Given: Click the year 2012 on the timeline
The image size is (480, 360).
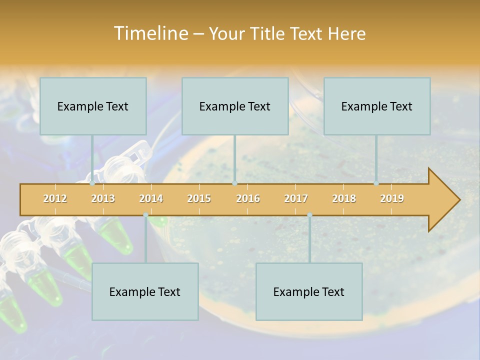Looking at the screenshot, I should click(x=55, y=198).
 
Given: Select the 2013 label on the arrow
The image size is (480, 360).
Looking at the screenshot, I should click(x=103, y=198).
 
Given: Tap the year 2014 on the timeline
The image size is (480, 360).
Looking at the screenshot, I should click(x=151, y=198).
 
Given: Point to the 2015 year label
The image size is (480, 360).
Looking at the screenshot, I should click(x=199, y=198).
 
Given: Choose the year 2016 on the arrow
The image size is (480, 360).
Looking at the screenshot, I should click(x=248, y=198).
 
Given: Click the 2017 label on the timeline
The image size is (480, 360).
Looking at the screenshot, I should click(x=296, y=198).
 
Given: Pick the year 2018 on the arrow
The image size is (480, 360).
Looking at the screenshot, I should click(x=344, y=198).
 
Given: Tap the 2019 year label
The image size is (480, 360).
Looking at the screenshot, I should click(x=392, y=198).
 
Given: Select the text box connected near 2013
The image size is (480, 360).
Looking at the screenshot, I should click(x=93, y=106).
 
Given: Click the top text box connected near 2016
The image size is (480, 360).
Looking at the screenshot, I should click(x=235, y=106).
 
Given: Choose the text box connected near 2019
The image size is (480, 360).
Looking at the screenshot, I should click(x=377, y=106).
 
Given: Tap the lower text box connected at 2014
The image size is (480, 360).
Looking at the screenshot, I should click(x=145, y=291).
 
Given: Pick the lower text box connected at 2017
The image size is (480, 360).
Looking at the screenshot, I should click(x=309, y=291).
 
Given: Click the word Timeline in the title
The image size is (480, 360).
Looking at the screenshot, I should click(x=150, y=33).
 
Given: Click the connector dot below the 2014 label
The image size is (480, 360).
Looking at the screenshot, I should click(x=145, y=214).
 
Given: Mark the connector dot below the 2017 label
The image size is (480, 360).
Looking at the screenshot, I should click(x=309, y=214).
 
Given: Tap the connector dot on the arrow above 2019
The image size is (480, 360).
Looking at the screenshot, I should click(x=376, y=183).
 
